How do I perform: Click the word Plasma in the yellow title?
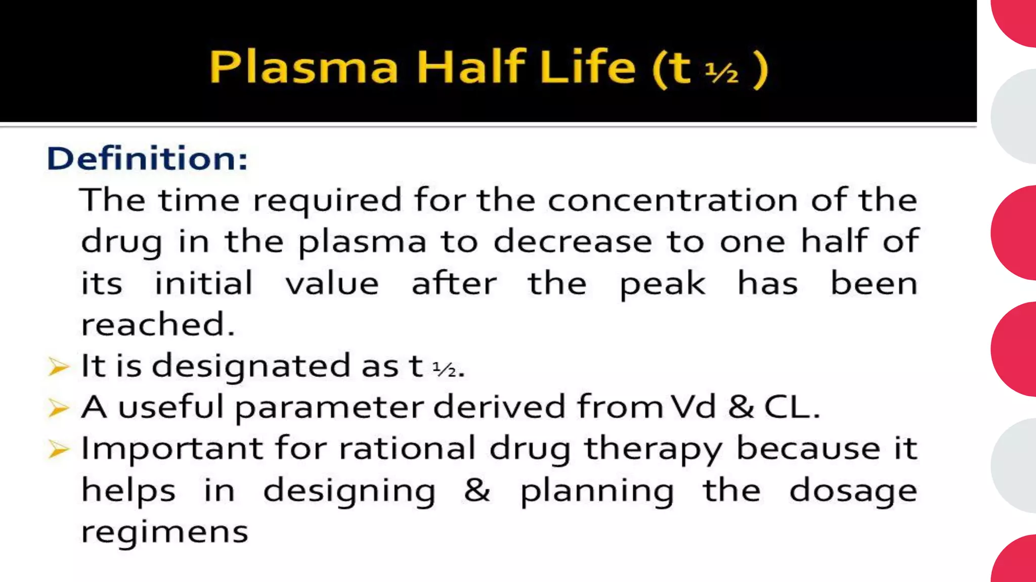304,67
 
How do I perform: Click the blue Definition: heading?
147,158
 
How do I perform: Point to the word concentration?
673,200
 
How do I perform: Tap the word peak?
662,284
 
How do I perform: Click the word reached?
158,324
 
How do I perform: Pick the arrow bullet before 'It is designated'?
58,366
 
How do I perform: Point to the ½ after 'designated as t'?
444,369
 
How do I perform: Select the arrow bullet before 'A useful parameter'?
58,408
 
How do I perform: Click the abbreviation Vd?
694,407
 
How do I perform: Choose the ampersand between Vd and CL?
741,407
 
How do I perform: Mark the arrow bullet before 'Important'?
58,449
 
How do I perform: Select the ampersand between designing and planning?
477,490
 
